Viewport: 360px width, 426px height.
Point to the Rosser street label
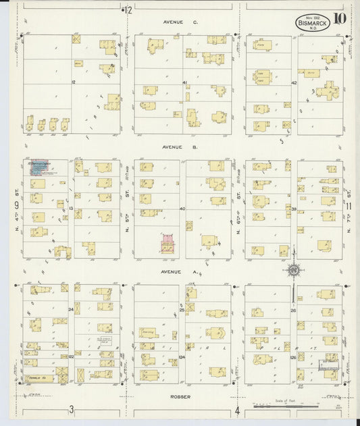[180, 396]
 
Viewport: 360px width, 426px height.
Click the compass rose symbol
[294, 270]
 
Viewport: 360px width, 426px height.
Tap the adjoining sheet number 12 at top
[128, 9]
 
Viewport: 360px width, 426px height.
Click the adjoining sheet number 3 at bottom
[70, 410]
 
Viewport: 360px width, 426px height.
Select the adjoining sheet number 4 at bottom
[238, 410]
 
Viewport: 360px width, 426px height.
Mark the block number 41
[184, 82]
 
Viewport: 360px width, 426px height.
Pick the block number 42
[294, 82]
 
